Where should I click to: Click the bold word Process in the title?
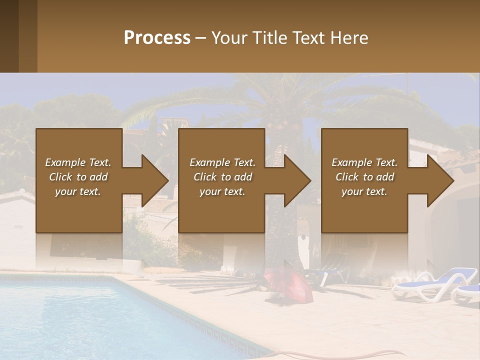157,38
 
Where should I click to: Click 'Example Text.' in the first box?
78,162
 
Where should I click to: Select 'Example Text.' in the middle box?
222,162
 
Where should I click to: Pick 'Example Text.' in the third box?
364,162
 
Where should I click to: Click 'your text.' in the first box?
78,191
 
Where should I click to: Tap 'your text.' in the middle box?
222,191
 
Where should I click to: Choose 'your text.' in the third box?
364,191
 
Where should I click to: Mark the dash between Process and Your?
201,38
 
